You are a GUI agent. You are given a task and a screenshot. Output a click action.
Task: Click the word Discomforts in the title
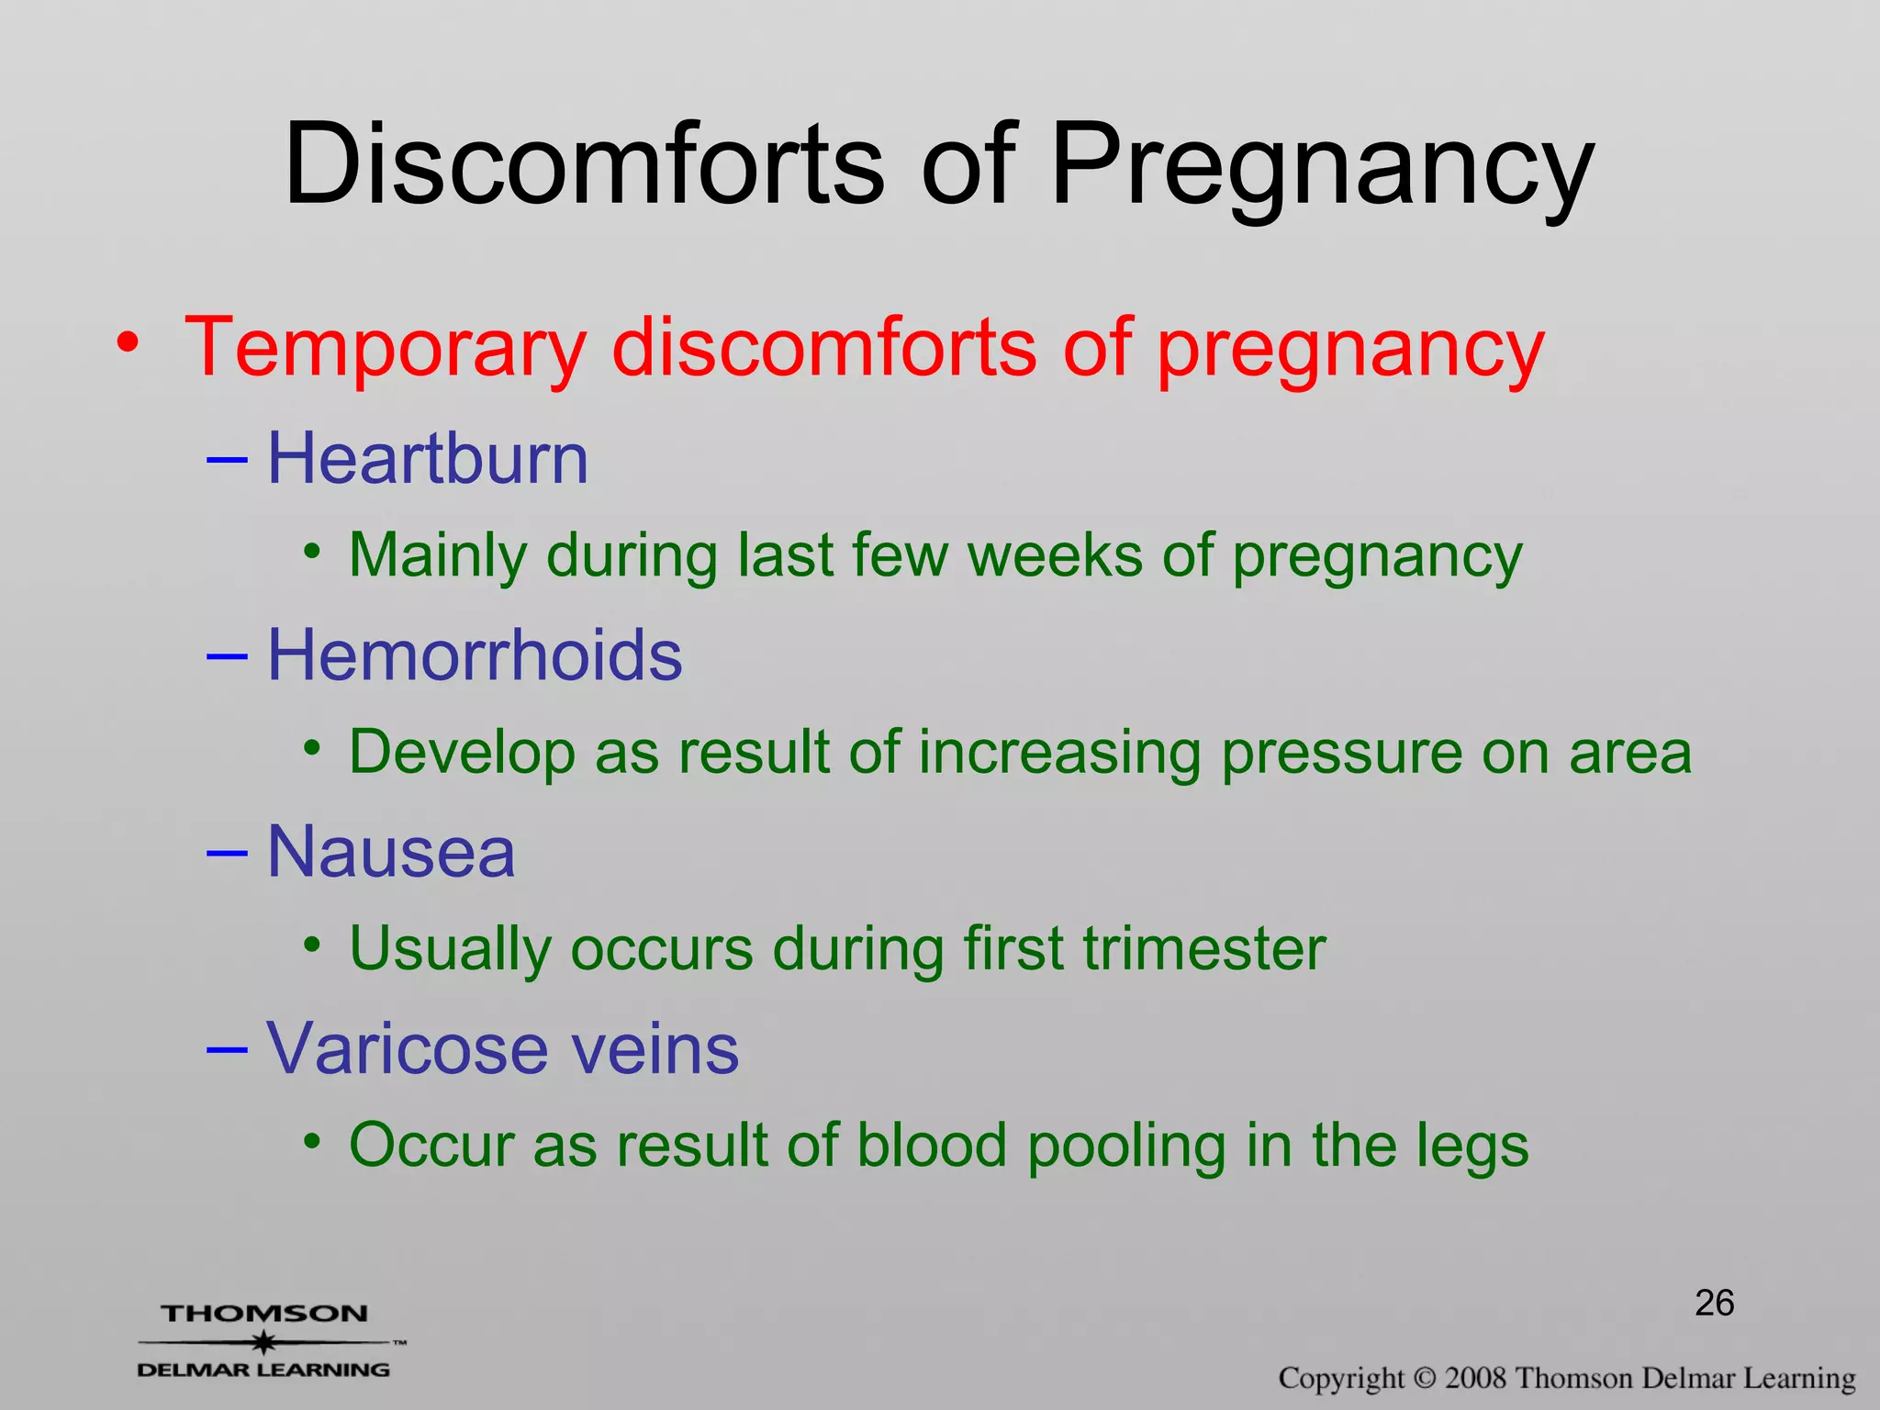click(584, 165)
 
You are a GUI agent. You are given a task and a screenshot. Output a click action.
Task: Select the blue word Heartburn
click(427, 459)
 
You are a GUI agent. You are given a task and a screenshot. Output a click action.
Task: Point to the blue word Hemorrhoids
click(475, 655)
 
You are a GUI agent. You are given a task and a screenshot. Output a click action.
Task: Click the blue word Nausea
click(391, 852)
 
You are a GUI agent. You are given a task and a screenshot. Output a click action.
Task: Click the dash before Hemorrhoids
click(226, 655)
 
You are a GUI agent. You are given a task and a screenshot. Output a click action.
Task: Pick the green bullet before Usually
click(313, 944)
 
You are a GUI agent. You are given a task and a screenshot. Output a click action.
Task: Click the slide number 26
click(1714, 1304)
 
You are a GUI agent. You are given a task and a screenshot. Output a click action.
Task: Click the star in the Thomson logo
click(264, 1342)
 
